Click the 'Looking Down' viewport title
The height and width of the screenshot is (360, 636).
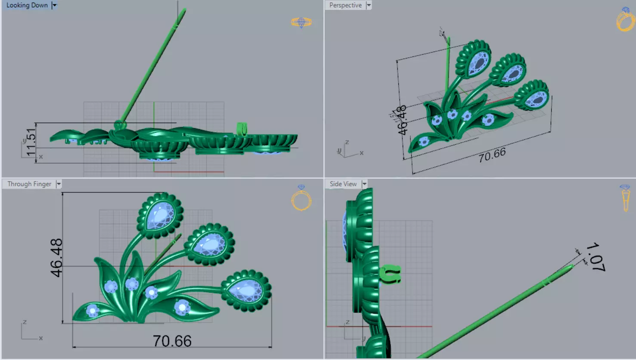(x=27, y=6)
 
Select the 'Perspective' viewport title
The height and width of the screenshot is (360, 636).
(x=345, y=6)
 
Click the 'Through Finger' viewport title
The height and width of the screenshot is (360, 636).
(x=29, y=184)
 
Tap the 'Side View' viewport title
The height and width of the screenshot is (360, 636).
(x=343, y=184)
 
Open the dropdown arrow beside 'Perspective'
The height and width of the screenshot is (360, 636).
(x=369, y=6)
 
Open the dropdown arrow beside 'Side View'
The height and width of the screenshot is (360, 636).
(x=365, y=184)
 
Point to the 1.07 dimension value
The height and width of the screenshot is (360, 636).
(x=596, y=257)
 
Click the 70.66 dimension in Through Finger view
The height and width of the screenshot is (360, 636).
(x=172, y=341)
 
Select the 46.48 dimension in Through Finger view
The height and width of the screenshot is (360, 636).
(x=56, y=258)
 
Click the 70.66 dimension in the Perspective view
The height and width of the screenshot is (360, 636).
(x=492, y=155)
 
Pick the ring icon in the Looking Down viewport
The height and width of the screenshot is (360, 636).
(x=301, y=22)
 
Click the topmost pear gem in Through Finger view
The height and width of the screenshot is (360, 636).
(x=160, y=216)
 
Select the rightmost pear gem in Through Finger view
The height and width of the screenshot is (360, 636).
(x=246, y=289)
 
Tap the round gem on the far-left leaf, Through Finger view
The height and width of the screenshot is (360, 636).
(x=92, y=310)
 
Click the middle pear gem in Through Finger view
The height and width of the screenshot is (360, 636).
(x=209, y=245)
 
